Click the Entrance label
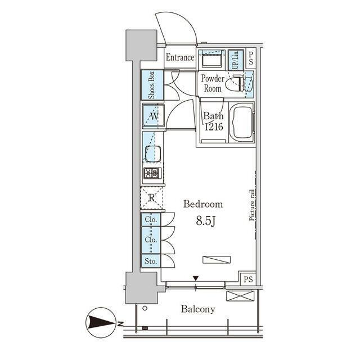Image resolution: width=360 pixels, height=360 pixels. click(180, 57)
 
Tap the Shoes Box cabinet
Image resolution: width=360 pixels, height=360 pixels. click(152, 85)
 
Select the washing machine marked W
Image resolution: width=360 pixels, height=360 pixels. click(154, 115)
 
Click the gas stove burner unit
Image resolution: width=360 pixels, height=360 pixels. click(152, 173)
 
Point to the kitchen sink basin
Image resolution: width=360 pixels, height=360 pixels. click(152, 154)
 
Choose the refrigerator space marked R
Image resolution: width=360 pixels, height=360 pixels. click(151, 198)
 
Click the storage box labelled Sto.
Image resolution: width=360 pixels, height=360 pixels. click(151, 261)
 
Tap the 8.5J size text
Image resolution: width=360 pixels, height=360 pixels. click(206, 221)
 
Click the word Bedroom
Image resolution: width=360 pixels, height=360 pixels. click(203, 204)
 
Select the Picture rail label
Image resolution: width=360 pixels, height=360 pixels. click(252, 205)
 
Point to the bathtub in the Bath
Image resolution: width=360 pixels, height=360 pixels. click(242, 123)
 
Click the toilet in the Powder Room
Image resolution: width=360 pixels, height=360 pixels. click(235, 83)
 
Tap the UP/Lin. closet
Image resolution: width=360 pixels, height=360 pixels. click(236, 60)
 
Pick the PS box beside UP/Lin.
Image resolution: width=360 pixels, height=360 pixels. click(251, 58)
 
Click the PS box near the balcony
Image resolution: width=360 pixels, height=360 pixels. click(248, 279)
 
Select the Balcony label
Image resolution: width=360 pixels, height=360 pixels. click(198, 309)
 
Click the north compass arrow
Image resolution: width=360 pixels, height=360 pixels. click(101, 323)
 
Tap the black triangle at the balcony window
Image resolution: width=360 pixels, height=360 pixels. click(196, 278)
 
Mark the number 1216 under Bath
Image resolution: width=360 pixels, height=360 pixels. click(214, 127)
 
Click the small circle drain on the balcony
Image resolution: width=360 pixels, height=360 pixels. click(145, 308)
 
